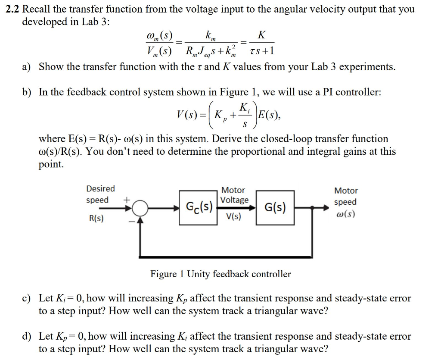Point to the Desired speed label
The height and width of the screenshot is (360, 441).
tap(100, 194)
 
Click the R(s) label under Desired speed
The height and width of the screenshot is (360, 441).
tap(96, 219)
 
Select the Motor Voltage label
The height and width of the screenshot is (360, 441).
tap(234, 195)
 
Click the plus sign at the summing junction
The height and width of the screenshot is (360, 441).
tap(127, 200)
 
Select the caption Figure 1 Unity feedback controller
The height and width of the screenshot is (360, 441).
tap(220, 274)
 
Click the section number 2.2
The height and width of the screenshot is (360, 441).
tap(13, 9)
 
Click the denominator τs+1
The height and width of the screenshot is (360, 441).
tap(261, 52)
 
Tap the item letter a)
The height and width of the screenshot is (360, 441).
tap(27, 67)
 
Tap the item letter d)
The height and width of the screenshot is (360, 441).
tap(27, 336)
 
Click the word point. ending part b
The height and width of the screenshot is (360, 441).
tap(51, 164)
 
